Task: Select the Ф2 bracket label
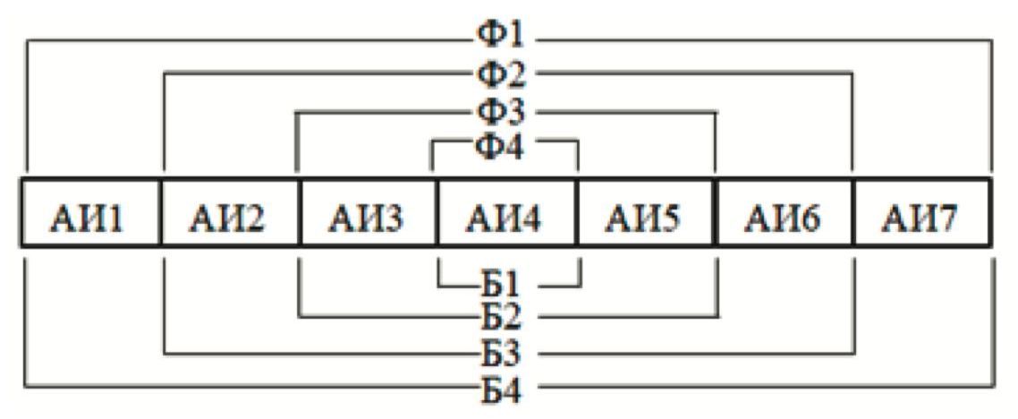point(505,75)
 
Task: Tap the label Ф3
point(505,112)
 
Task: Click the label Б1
point(505,285)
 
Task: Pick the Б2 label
point(505,316)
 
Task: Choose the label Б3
point(505,353)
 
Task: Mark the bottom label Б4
point(505,389)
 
